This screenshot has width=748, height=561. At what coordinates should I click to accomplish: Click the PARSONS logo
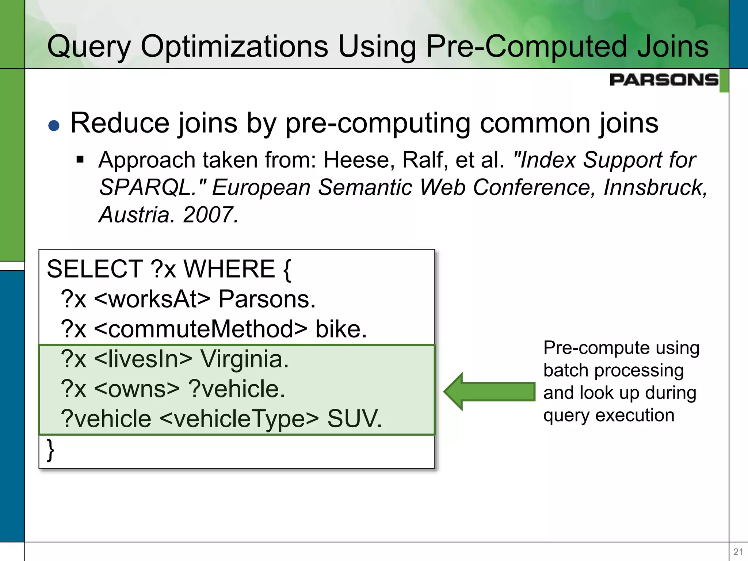664,80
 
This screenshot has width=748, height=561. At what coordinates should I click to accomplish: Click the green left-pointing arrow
489,392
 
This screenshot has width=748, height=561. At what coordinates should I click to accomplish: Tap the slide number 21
738,552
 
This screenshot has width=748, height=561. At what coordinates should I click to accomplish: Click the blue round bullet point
54,126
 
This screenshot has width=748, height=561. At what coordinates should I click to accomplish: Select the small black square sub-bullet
80,160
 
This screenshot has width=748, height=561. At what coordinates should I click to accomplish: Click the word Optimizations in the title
234,46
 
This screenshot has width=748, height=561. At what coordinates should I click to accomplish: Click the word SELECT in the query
95,269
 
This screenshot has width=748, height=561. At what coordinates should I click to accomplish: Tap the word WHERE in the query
229,269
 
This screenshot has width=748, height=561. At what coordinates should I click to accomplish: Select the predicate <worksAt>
152,299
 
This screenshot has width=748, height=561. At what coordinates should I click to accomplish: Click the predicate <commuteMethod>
201,329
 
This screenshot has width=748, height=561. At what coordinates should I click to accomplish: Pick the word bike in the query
341,329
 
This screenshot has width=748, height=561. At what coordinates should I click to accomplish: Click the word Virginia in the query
244,359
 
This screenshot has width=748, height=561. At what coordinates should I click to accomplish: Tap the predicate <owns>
137,389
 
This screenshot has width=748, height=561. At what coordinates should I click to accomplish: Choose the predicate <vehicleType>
239,419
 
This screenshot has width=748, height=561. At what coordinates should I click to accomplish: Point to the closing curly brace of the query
51,450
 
